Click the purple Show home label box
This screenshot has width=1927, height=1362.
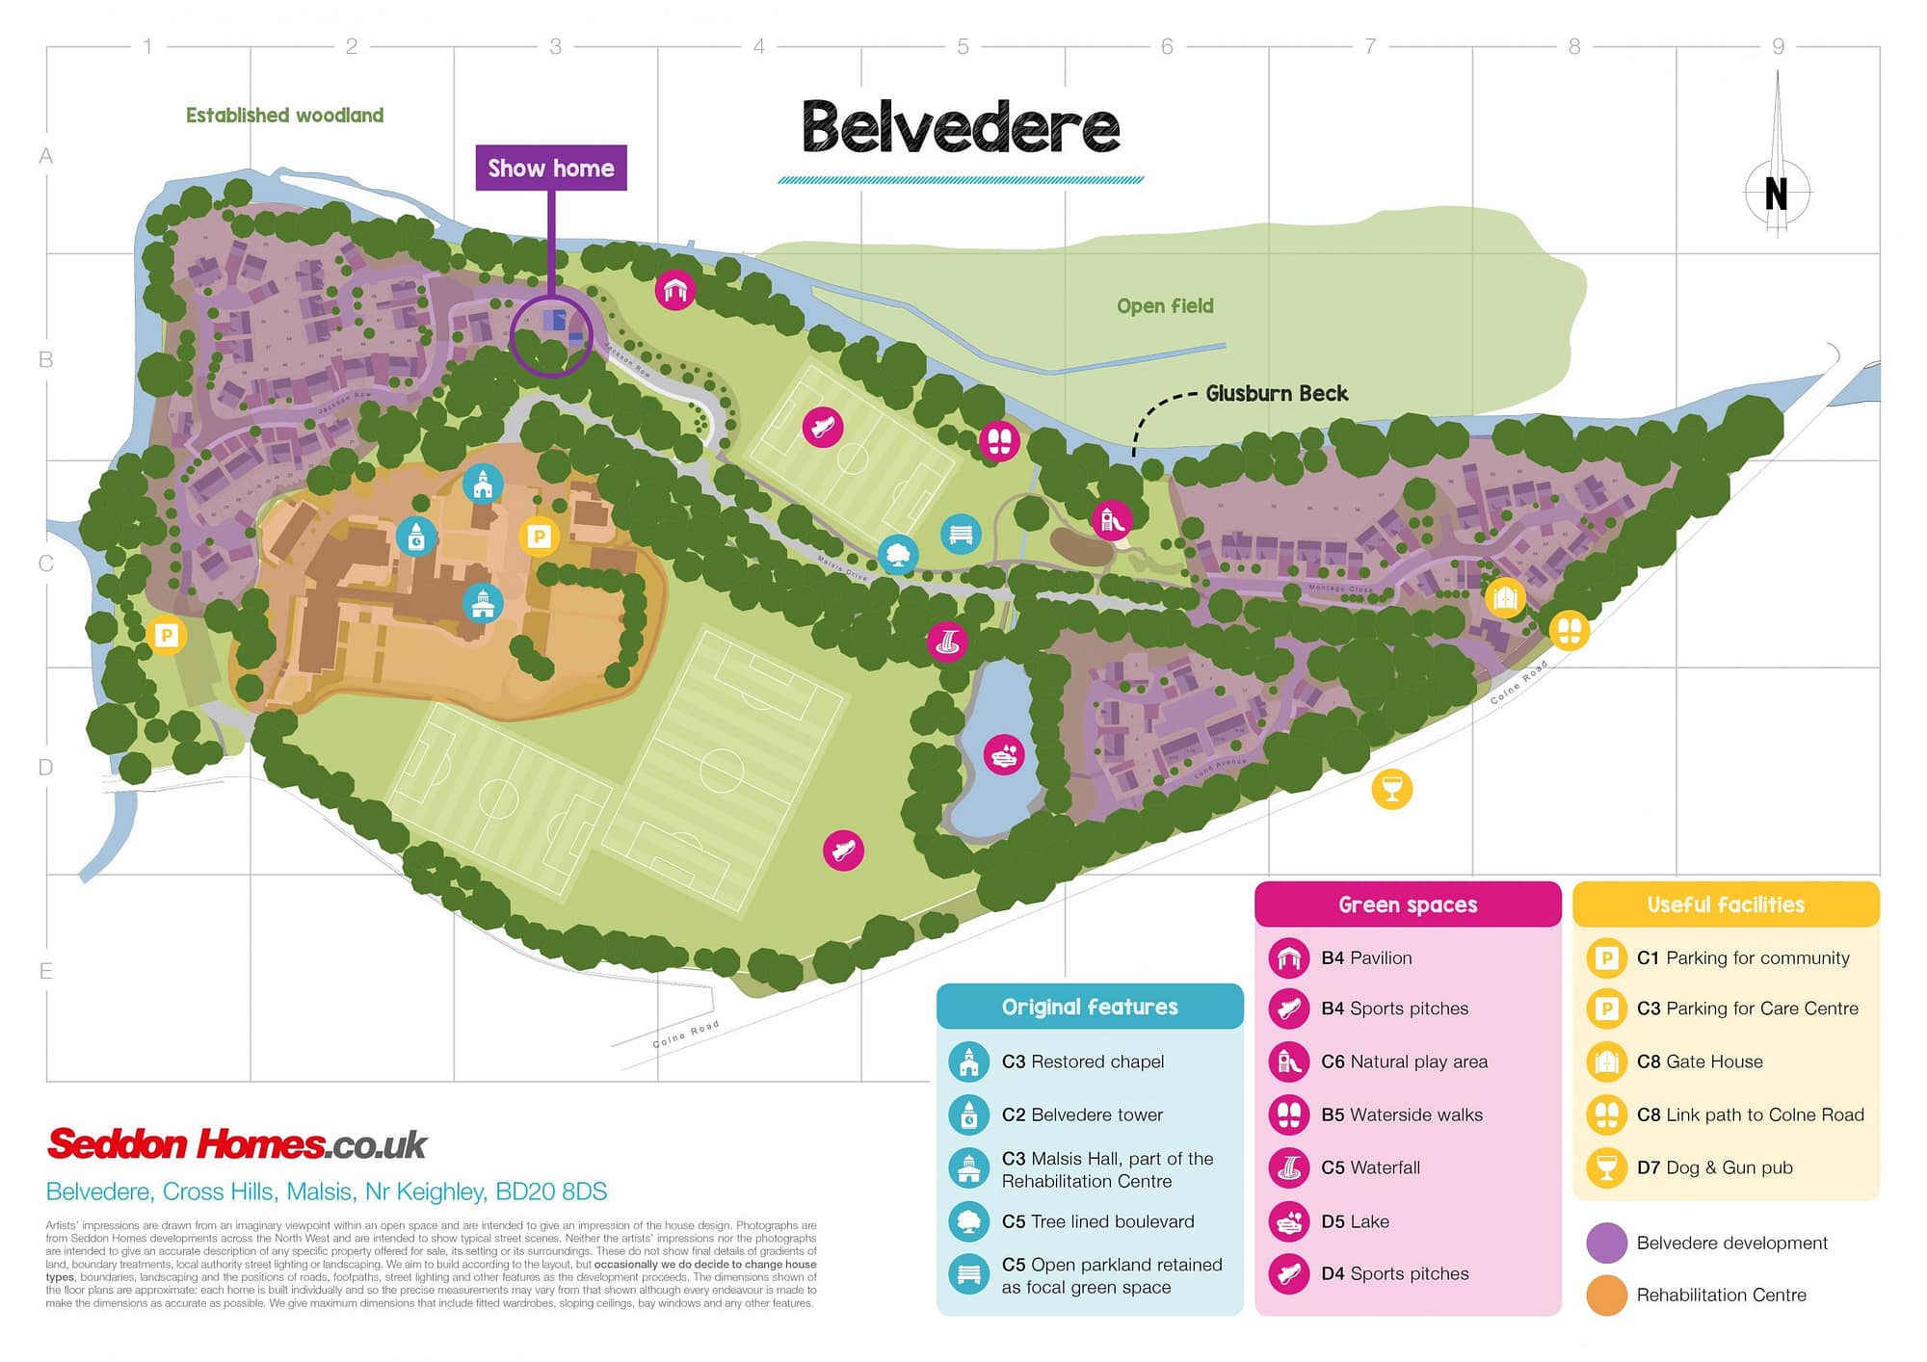[x=551, y=168]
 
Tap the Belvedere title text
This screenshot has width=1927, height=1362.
[x=961, y=127]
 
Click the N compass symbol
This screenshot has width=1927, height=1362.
[x=1777, y=193]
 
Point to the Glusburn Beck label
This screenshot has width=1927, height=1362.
[x=1277, y=393]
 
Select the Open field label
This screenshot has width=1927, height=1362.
[x=1165, y=305]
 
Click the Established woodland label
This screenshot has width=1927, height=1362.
[x=284, y=115]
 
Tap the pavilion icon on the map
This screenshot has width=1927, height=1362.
[x=675, y=289]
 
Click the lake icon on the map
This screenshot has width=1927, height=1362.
[x=1004, y=755]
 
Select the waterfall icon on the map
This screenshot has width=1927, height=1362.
[x=947, y=642]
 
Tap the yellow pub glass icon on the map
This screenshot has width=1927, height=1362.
[x=1391, y=789]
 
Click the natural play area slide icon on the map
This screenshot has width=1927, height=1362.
[x=1112, y=519]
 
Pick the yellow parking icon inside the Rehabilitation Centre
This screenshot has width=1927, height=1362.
[x=539, y=536]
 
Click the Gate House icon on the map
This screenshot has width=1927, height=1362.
[x=1505, y=597]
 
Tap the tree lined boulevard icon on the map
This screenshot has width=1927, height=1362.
[x=898, y=555]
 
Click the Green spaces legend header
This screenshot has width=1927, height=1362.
[x=1407, y=904]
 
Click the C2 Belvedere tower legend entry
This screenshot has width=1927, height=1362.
[x=1081, y=1114]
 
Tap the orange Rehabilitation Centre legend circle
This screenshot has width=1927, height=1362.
[x=1606, y=1295]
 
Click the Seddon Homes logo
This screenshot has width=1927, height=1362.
[x=237, y=1144]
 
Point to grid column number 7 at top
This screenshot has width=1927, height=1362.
[x=1370, y=46]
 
